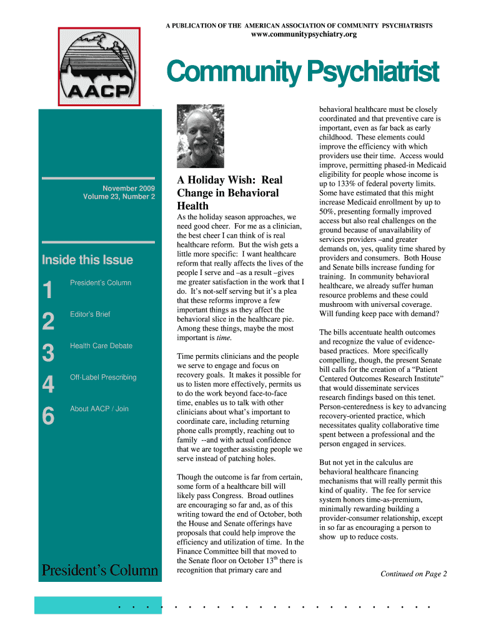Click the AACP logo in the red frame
[99, 67]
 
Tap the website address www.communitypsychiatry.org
[304, 34]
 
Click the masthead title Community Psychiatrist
[302, 72]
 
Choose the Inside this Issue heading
[87, 260]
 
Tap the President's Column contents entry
[101, 283]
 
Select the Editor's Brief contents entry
[90, 314]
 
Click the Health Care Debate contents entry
[101, 346]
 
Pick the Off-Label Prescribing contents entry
[103, 377]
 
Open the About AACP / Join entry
[99, 409]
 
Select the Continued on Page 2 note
[414, 574]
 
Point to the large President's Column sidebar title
[100, 570]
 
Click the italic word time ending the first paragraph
[223, 337]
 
